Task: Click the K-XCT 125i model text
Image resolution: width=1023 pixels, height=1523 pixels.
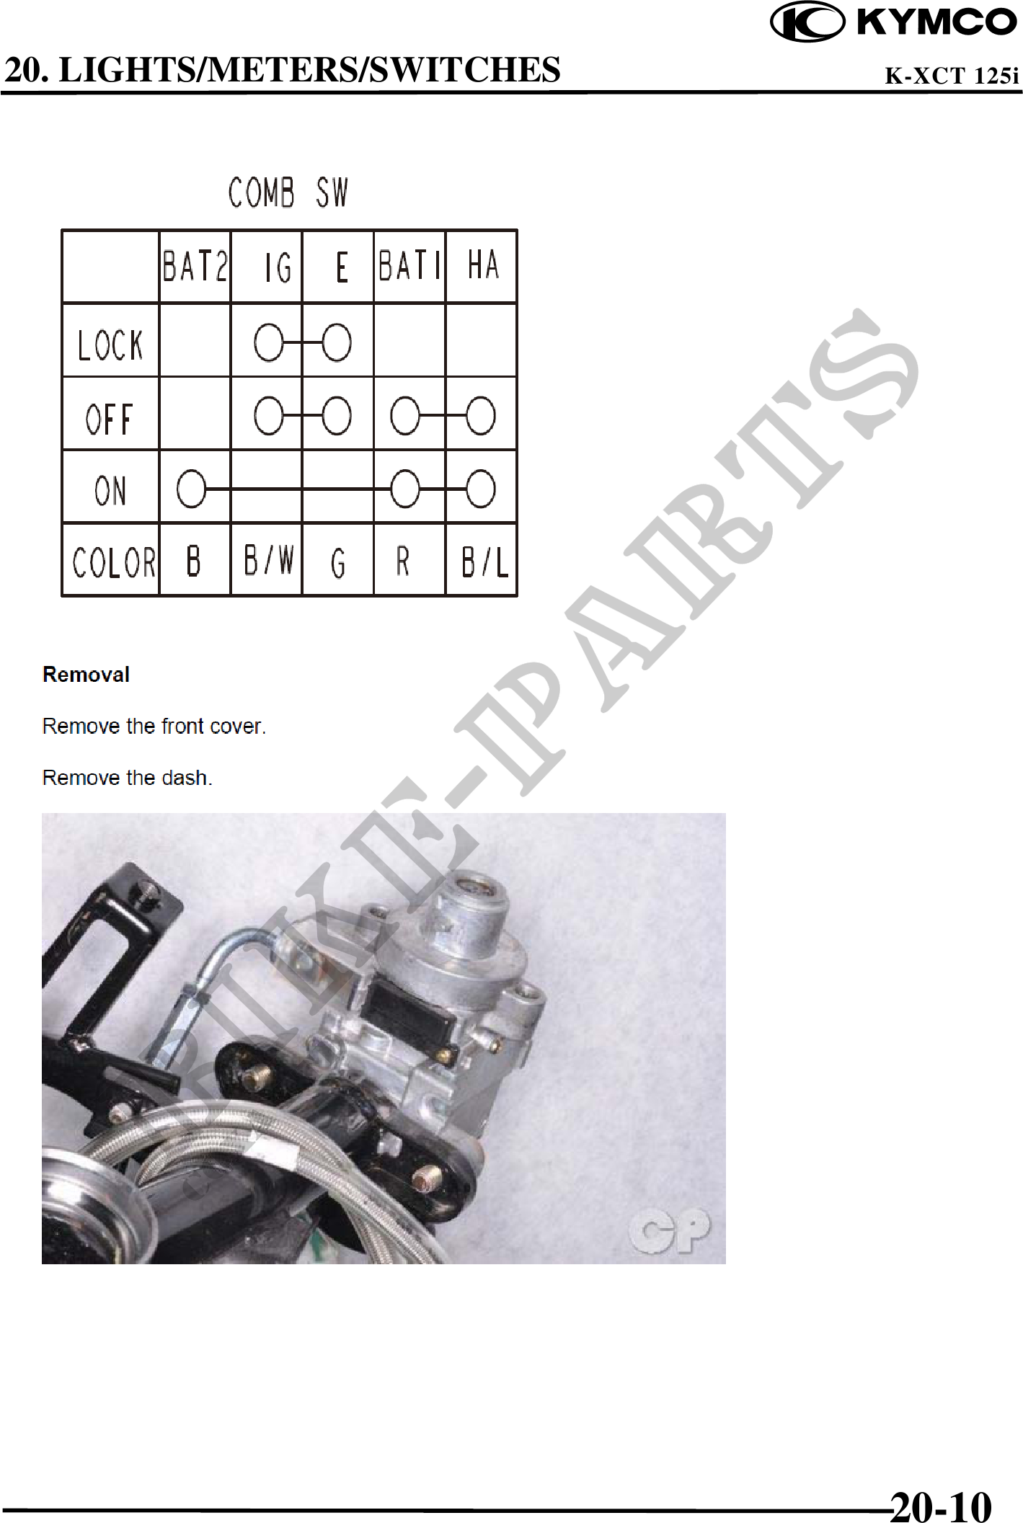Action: (952, 75)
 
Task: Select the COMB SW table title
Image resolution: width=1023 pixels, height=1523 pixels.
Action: (288, 192)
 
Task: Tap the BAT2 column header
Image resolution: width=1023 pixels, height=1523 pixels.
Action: (195, 266)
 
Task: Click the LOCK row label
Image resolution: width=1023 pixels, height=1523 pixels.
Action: (110, 345)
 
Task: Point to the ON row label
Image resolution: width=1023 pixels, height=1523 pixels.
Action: (110, 491)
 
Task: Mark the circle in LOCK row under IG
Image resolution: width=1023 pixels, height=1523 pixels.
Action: (269, 342)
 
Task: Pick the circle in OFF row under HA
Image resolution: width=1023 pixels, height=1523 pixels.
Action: (481, 416)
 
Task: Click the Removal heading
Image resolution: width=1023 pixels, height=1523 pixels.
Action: (86, 675)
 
